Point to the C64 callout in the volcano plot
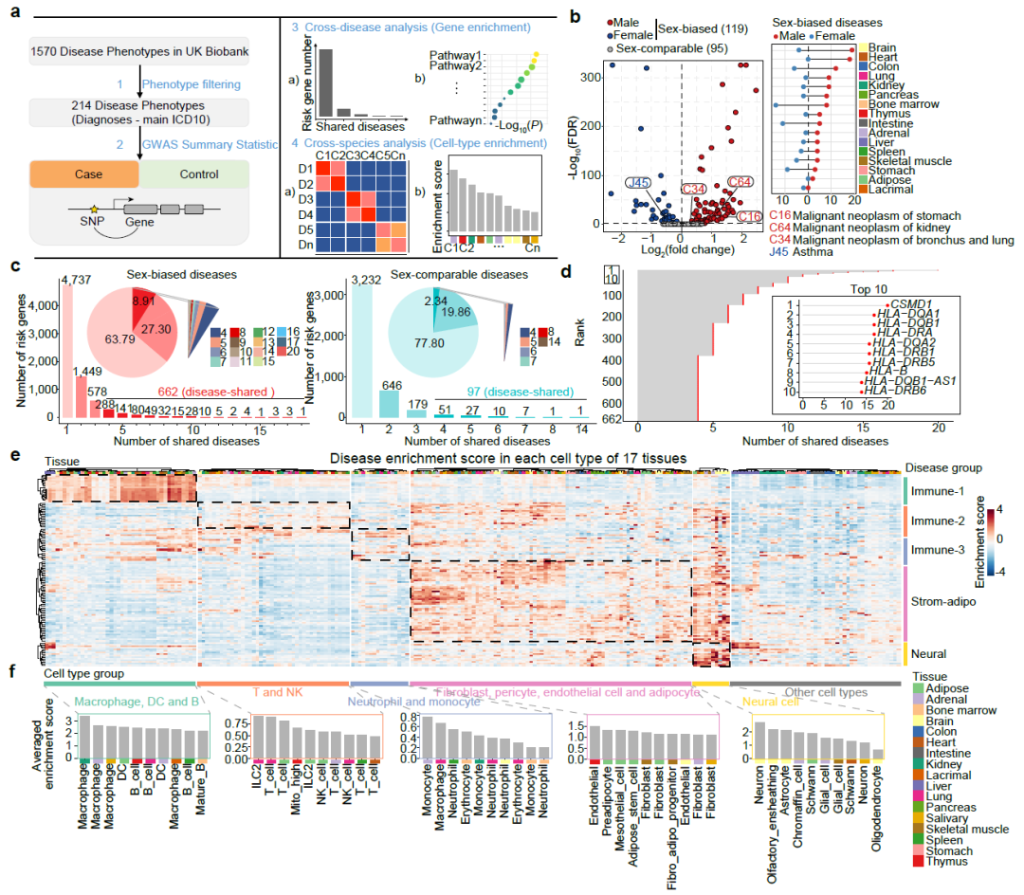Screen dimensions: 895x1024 pyautogui.click(x=741, y=183)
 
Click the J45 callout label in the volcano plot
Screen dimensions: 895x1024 pyautogui.click(x=637, y=182)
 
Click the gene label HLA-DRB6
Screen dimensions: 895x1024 pyautogui.click(x=892, y=391)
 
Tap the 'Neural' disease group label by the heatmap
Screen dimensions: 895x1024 pyautogui.click(x=930, y=653)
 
